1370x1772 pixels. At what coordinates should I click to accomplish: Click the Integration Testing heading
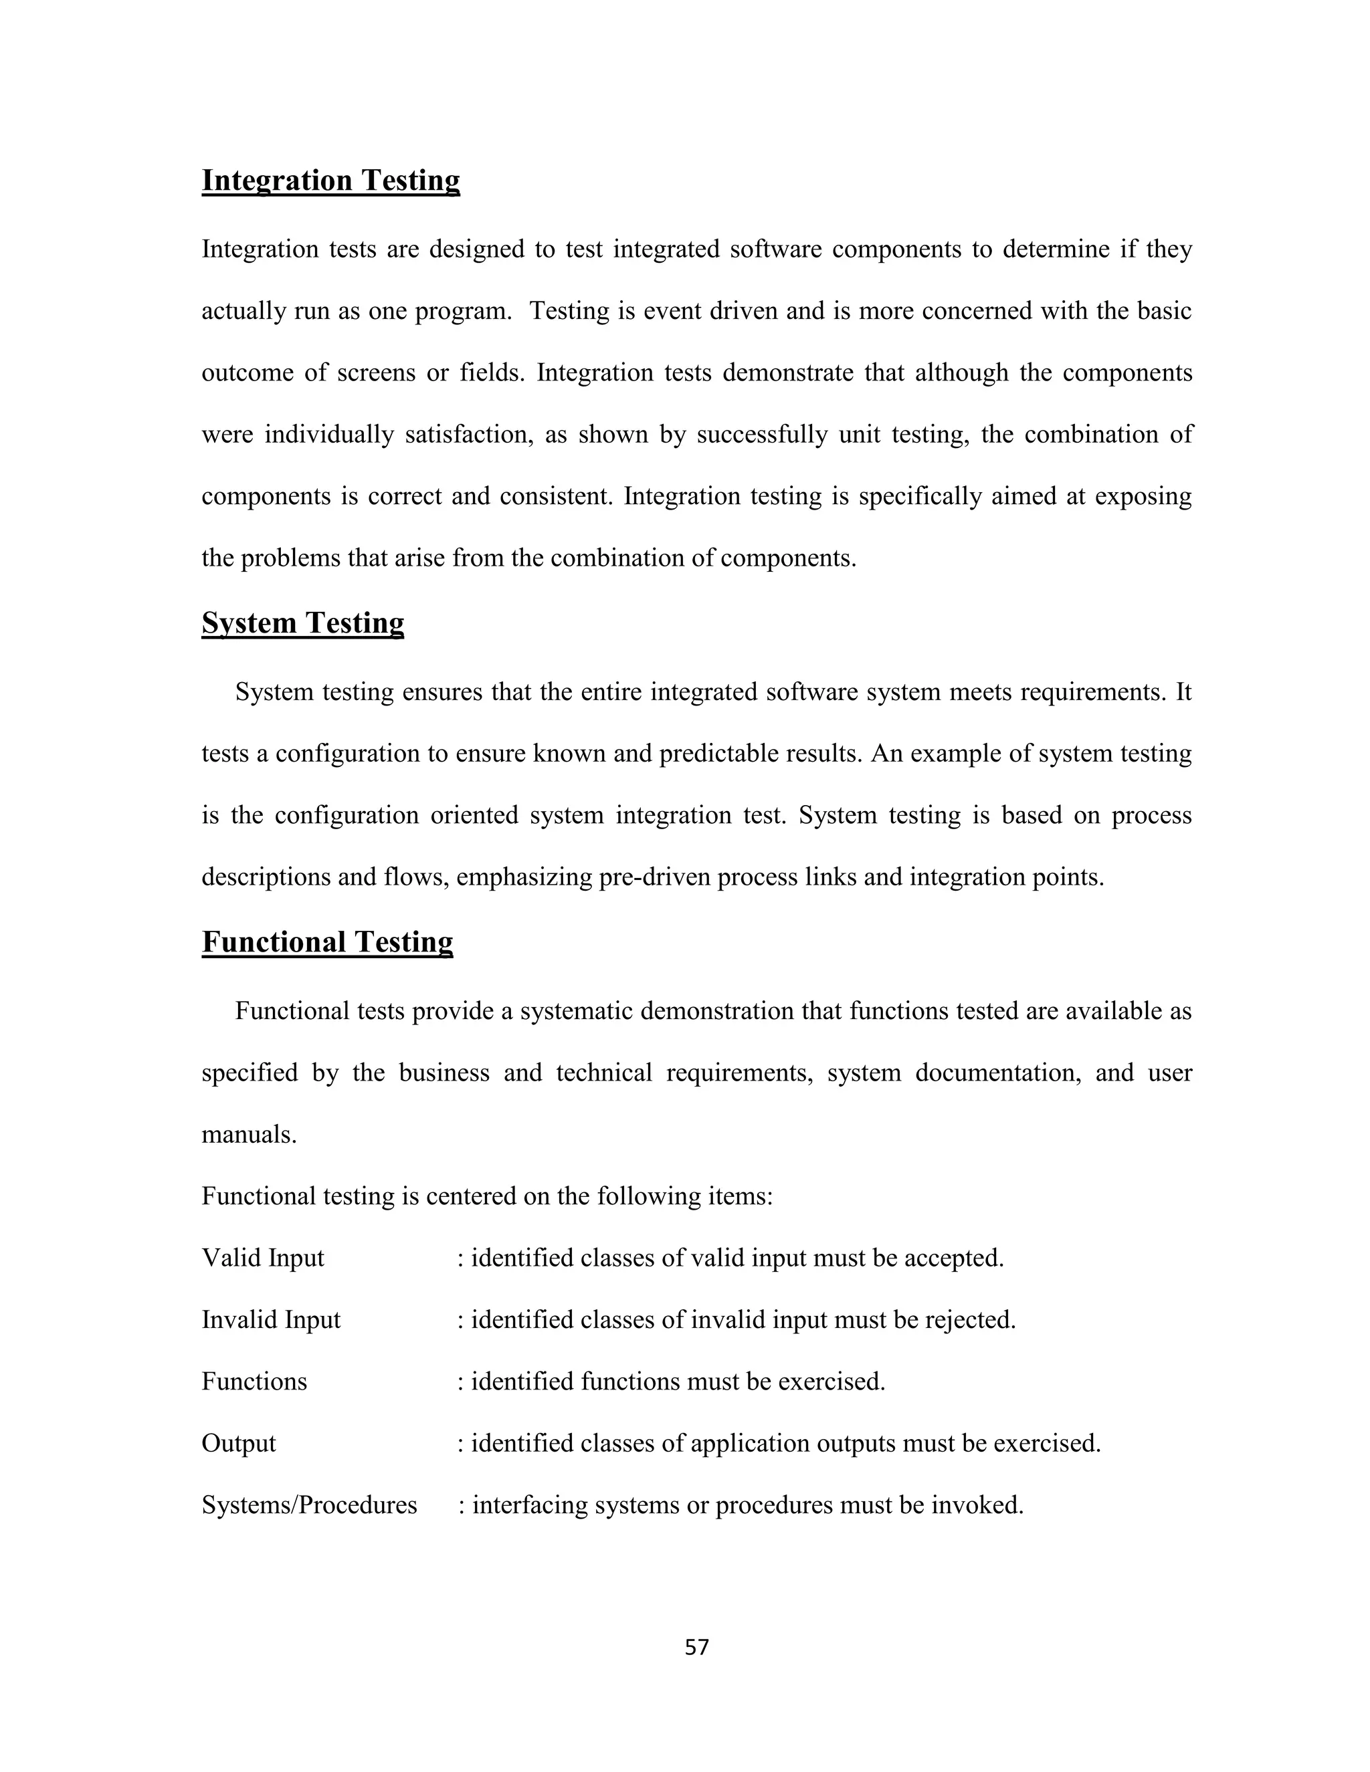coord(330,180)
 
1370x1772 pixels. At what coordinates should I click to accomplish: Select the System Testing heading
coord(303,623)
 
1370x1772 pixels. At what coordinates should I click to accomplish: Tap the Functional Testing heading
coord(327,942)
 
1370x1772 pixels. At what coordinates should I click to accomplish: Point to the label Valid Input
coord(262,1258)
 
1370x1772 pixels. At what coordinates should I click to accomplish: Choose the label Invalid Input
coord(270,1320)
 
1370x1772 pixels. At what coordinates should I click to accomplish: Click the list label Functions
coord(254,1381)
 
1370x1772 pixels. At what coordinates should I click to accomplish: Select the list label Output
coord(239,1444)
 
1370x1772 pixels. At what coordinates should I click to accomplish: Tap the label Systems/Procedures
coord(308,1505)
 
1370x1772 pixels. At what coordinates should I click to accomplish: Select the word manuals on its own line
coord(248,1134)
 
